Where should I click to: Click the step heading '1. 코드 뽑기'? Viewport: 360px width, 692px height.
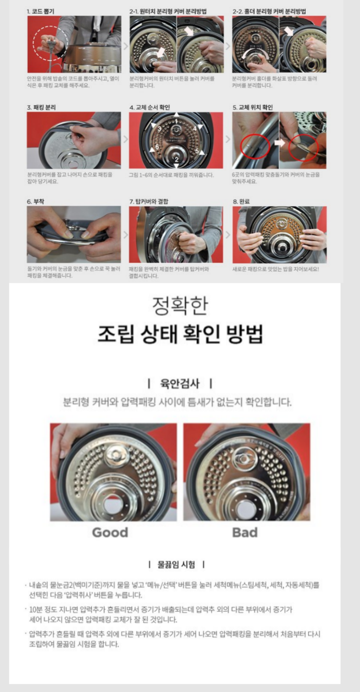click(x=42, y=11)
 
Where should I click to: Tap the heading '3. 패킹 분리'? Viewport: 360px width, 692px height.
click(x=42, y=107)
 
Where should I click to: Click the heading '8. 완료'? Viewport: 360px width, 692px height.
click(x=242, y=202)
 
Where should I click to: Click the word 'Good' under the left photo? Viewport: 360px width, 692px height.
click(x=110, y=532)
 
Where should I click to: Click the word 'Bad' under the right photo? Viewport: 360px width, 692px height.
click(x=245, y=532)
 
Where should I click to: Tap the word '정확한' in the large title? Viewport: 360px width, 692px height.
click(x=180, y=305)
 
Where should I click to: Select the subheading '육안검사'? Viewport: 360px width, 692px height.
click(x=180, y=383)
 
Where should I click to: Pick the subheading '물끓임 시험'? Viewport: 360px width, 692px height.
click(x=176, y=565)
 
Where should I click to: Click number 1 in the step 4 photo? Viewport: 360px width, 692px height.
click(x=176, y=120)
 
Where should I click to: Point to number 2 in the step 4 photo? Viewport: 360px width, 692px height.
click(x=176, y=159)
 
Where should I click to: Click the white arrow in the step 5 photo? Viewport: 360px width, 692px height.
click(x=280, y=143)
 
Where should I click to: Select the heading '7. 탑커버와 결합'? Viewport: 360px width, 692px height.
click(x=149, y=202)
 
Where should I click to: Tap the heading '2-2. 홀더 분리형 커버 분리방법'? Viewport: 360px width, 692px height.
click(x=269, y=11)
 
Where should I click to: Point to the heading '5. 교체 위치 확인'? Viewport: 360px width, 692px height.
click(x=253, y=107)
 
